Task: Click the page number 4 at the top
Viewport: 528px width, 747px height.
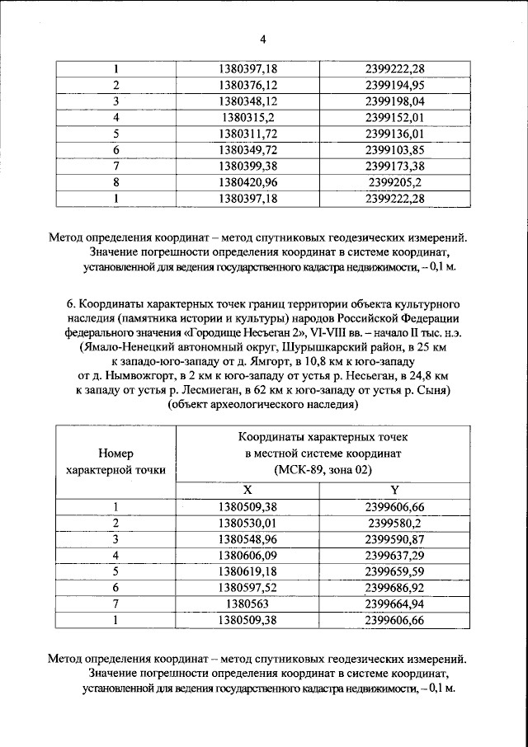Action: pyautogui.click(x=263, y=38)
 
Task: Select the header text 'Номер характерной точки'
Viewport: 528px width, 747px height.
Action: pyautogui.click(x=115, y=462)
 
